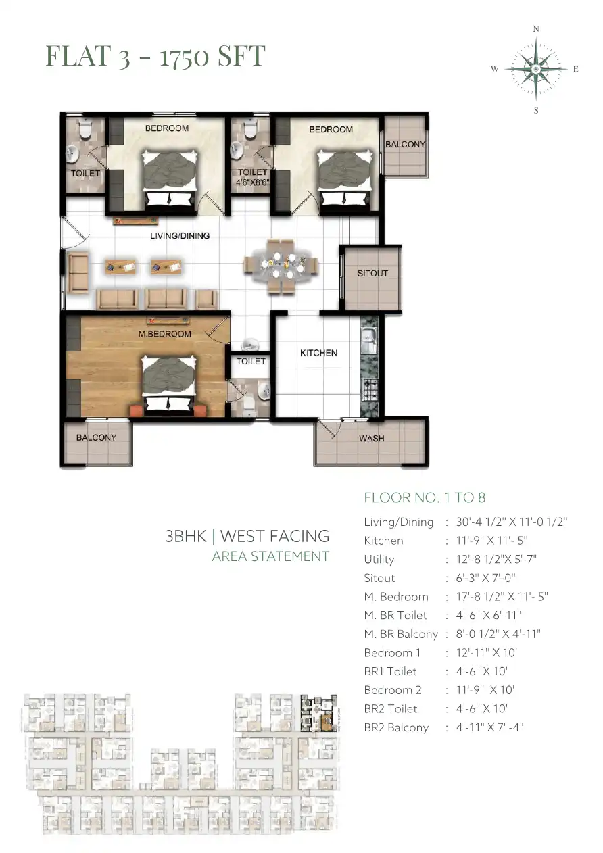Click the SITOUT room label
click(x=372, y=273)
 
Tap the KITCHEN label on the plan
click(x=318, y=353)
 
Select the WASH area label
click(x=371, y=438)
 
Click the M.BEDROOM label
click(x=164, y=334)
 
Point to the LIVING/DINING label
click(x=180, y=236)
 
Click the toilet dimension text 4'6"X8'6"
click(x=252, y=182)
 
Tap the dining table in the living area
click(x=281, y=266)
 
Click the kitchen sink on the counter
click(x=368, y=335)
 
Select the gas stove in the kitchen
click(x=370, y=389)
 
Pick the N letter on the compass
click(x=536, y=29)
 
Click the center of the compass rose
click(x=536, y=69)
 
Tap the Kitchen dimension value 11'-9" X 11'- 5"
click(x=491, y=540)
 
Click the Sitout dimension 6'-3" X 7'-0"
click(x=485, y=578)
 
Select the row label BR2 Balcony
click(x=396, y=727)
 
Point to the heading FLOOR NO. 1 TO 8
click(x=425, y=497)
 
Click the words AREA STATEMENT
click(x=270, y=556)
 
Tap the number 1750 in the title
click(x=185, y=56)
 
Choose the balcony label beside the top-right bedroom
click(x=405, y=145)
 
